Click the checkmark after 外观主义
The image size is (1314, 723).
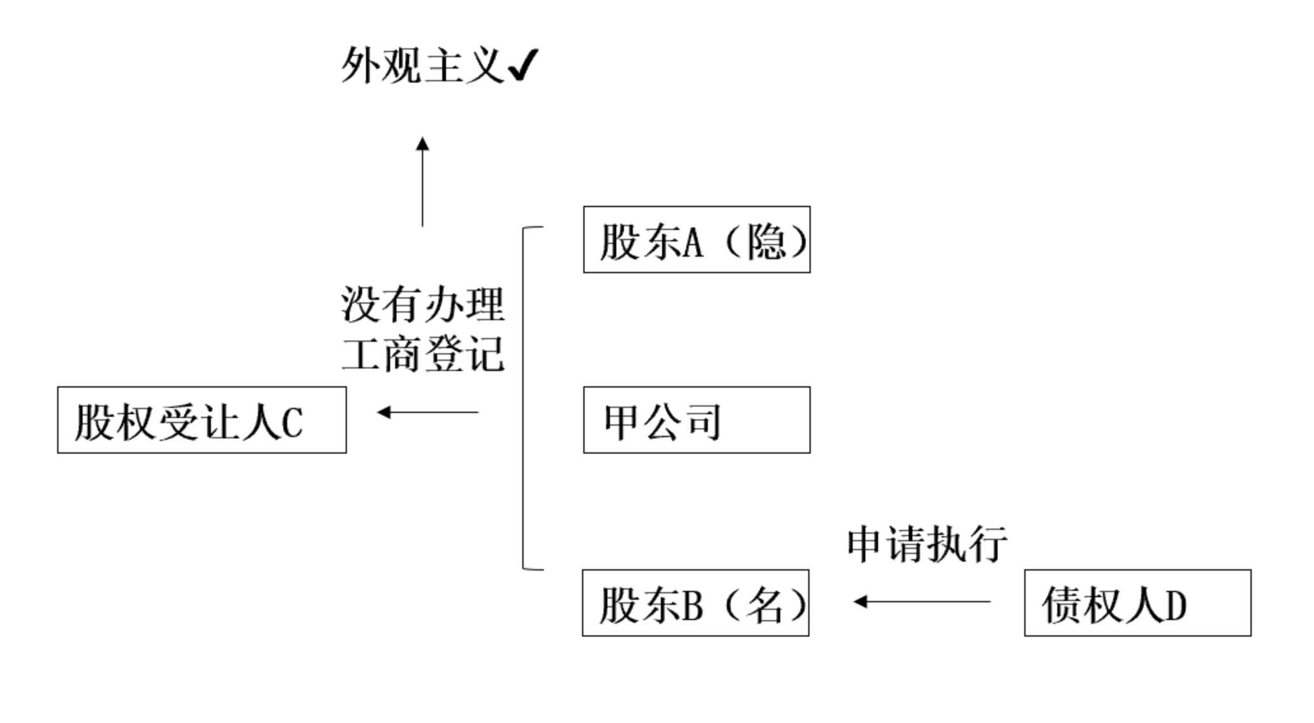click(x=523, y=65)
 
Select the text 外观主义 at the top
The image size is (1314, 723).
click(x=423, y=65)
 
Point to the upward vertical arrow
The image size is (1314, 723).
click(x=423, y=181)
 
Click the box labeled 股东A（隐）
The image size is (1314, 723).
click(x=696, y=240)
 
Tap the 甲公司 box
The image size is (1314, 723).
click(x=696, y=420)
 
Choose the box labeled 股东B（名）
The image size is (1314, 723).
click(x=695, y=603)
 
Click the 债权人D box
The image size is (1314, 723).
click(x=1137, y=603)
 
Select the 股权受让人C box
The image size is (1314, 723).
click(x=201, y=420)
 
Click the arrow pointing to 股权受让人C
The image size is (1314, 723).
click(x=428, y=412)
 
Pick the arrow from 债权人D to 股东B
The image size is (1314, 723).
click(x=922, y=601)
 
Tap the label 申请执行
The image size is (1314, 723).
click(x=927, y=544)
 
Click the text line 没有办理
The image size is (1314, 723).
click(x=423, y=304)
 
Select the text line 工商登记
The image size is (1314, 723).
click(x=423, y=354)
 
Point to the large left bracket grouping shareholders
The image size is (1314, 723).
click(x=524, y=398)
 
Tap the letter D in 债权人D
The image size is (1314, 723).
click(x=1175, y=606)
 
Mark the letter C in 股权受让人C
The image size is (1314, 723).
click(x=292, y=423)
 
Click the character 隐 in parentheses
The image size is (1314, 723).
click(x=766, y=242)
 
